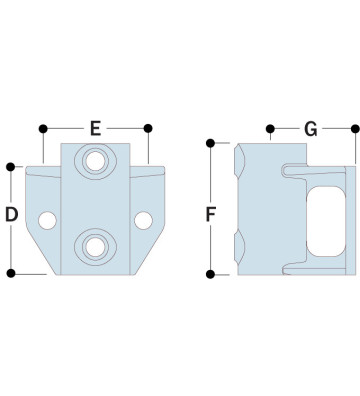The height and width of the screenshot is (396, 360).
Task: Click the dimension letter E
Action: pyautogui.click(x=96, y=128)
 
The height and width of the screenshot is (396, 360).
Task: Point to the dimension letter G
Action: pyautogui.click(x=310, y=128)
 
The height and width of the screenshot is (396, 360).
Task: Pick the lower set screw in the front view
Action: pyautogui.click(x=96, y=244)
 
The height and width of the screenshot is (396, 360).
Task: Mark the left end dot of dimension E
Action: pyautogui.click(x=44, y=128)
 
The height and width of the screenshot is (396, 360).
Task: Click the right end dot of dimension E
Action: pyautogui.click(x=148, y=128)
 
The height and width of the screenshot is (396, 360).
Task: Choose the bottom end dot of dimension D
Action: pyautogui.click(x=12, y=271)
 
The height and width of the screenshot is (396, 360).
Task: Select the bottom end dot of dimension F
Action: pyautogui.click(x=211, y=272)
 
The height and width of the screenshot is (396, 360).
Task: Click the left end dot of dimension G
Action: pyautogui.click(x=270, y=128)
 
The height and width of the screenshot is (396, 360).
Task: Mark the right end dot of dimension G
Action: pyautogui.click(x=355, y=128)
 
